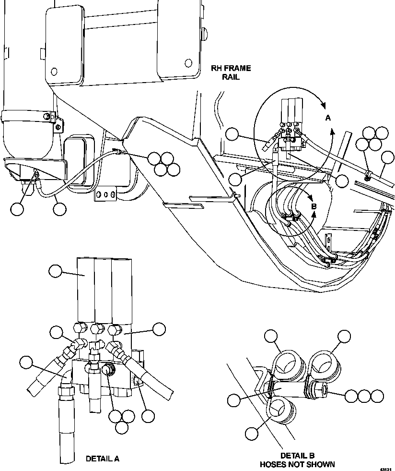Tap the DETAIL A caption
click(102, 459)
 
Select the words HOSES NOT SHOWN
click(297, 464)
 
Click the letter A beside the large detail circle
click(328, 118)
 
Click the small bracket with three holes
click(106, 195)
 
